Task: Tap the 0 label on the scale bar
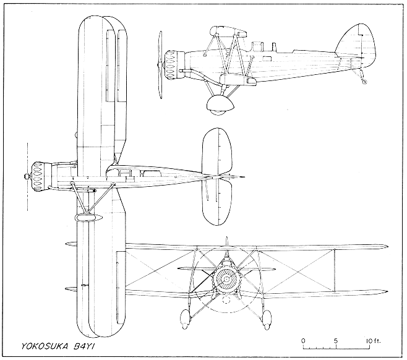[303, 341]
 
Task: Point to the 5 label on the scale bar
[335, 341]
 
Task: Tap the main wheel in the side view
[216, 105]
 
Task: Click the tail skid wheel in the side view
[364, 81]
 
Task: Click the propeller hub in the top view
[26, 177]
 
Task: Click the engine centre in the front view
[226, 280]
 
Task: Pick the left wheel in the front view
[185, 319]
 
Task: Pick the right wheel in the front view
[267, 319]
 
